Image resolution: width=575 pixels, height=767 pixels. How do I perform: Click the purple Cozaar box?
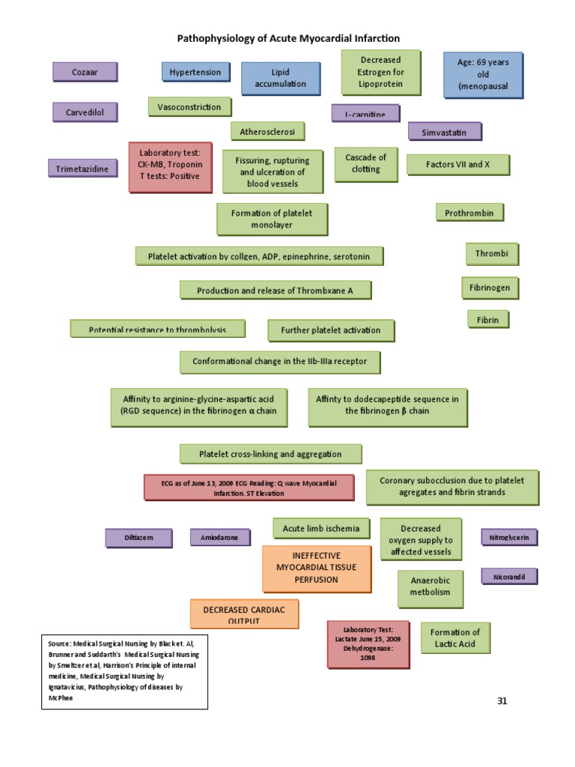click(85, 72)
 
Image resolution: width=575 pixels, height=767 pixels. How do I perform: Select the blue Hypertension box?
click(195, 72)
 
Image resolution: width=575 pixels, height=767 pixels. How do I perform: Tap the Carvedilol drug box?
click(85, 112)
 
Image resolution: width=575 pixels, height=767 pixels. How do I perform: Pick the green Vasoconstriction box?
click(189, 107)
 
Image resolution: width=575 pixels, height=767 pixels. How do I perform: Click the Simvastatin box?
click(444, 132)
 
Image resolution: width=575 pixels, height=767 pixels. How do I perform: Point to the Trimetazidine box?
click(82, 169)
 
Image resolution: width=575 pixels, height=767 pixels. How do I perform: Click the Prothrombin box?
click(469, 213)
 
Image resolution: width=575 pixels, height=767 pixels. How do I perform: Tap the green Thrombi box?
click(492, 254)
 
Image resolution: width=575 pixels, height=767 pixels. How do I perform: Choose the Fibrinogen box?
click(490, 288)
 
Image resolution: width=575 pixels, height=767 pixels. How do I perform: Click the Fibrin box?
click(488, 320)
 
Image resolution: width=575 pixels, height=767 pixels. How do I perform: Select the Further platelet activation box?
click(331, 330)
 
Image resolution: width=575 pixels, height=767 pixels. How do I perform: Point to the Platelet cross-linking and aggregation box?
click(270, 454)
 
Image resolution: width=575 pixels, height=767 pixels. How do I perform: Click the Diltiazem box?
click(139, 537)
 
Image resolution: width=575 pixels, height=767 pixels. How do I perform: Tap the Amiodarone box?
click(219, 537)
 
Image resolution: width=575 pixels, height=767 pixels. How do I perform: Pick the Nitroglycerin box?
click(509, 537)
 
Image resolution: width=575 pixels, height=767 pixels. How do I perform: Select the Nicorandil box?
click(509, 577)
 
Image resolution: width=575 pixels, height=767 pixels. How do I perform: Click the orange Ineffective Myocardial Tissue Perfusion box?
click(316, 568)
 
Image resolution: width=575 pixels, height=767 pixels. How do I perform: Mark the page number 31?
click(502, 701)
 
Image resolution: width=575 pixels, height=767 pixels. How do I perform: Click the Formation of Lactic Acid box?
click(455, 637)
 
